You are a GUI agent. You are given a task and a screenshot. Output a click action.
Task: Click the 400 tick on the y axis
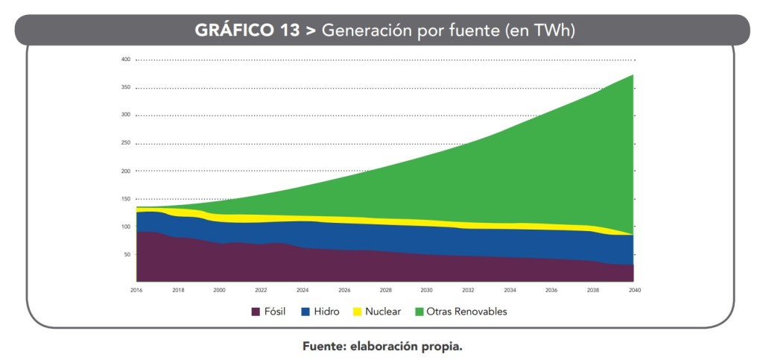[125, 60]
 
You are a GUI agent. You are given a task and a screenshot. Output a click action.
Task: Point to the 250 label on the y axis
[125, 143]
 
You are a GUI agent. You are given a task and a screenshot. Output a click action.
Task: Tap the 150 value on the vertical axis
[125, 199]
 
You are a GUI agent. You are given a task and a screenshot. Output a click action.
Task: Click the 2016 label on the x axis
[136, 289]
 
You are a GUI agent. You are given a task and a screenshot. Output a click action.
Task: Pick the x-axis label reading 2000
[219, 289]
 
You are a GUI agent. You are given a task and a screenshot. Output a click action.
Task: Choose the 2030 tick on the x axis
[426, 289]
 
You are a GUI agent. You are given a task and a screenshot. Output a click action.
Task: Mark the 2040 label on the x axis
[633, 289]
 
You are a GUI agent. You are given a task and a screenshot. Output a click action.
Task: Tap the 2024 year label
[303, 289]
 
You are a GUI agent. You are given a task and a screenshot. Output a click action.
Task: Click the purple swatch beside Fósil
[256, 312]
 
